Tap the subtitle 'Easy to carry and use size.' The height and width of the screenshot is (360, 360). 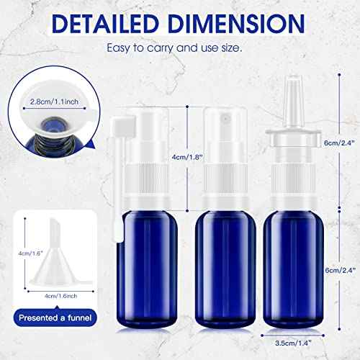pos(180,50)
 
